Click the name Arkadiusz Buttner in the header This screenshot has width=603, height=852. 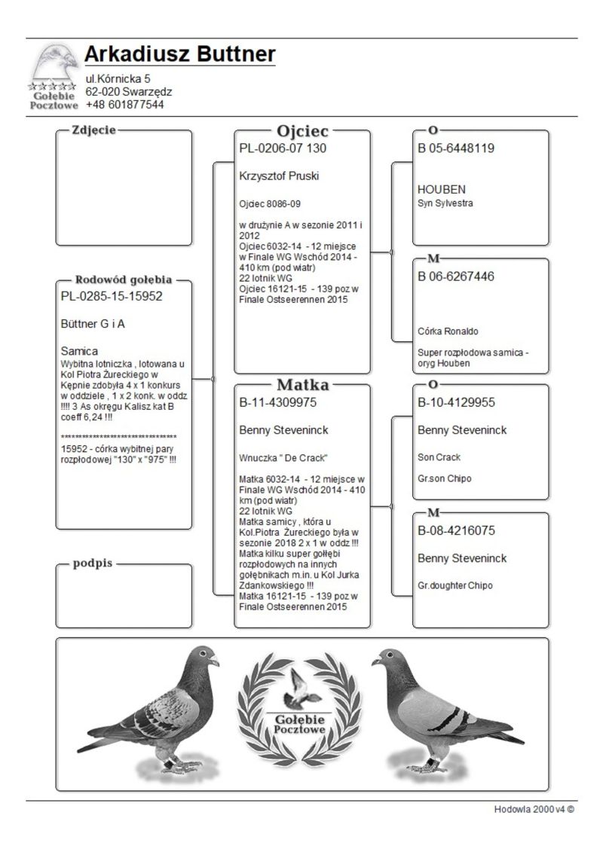179,55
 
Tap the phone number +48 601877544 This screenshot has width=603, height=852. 124,105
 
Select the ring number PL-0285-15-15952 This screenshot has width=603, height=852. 112,296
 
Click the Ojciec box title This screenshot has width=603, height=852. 302,131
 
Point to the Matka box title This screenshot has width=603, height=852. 302,385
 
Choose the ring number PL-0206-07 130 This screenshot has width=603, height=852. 283,148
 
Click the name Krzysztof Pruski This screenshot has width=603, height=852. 279,176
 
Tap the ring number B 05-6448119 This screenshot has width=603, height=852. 456,148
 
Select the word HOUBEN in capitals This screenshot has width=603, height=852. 442,189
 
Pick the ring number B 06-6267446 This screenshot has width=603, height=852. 456,276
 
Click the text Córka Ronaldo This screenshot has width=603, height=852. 448,331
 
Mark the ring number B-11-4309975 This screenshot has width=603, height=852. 277,402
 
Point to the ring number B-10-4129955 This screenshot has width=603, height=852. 456,402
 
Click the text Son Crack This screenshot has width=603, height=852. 439,457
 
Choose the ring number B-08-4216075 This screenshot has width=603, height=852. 456,530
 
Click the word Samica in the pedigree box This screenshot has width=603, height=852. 79,351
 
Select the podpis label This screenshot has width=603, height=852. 93,564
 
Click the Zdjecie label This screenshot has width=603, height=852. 93,130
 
